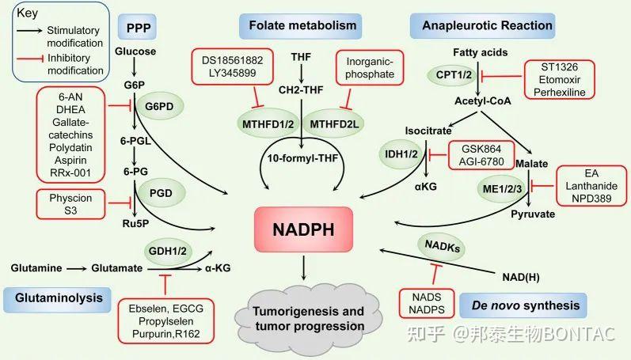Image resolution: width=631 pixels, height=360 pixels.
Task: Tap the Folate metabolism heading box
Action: pos(303,25)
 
